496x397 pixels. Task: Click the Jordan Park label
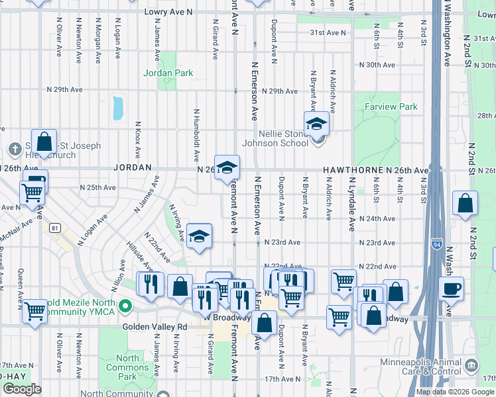(x=168, y=73)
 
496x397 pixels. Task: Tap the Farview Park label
(x=395, y=107)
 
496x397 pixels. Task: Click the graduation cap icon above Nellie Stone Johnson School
(x=316, y=124)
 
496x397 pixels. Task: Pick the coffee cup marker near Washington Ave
(x=451, y=288)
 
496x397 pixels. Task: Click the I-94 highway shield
(x=436, y=243)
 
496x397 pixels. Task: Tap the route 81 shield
(x=54, y=228)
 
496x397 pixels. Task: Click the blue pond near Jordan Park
(x=118, y=108)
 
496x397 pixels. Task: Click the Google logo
(x=21, y=389)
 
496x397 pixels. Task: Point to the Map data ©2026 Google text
(x=454, y=392)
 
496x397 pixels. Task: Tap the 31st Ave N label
(x=324, y=32)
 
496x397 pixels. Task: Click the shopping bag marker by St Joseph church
(x=44, y=142)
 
